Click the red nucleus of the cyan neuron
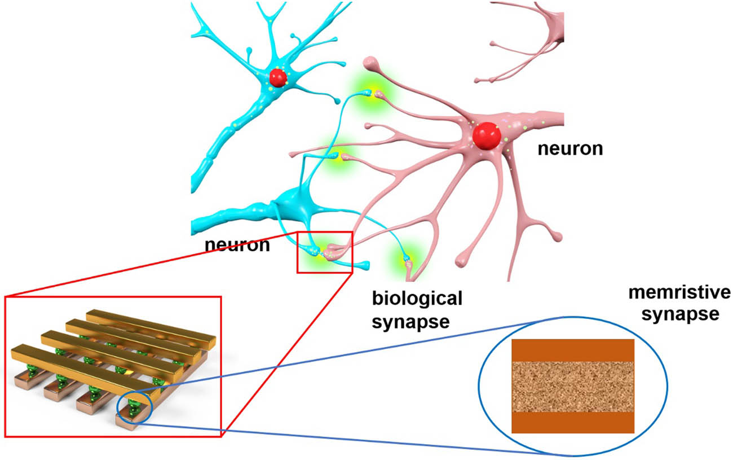pyautogui.click(x=278, y=77)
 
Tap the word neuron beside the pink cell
pyautogui.click(x=569, y=149)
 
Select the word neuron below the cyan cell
pyautogui.click(x=237, y=245)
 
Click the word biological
pyautogui.click(x=417, y=299)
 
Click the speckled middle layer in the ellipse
pyautogui.click(x=572, y=387)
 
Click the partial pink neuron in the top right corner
pyautogui.click(x=530, y=40)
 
